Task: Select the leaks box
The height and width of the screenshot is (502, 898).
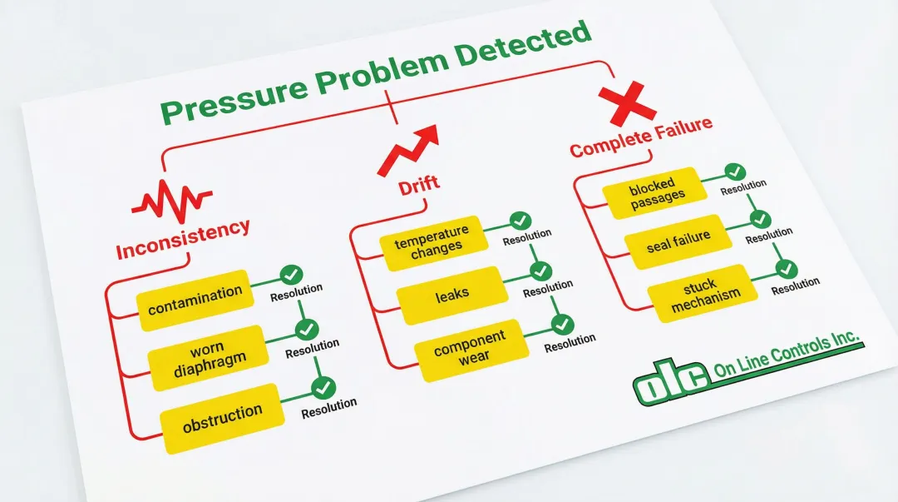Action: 452,294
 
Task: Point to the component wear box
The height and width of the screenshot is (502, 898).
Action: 470,347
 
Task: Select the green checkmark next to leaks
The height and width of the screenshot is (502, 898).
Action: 540,271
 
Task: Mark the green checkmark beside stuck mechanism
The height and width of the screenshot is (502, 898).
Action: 785,270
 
